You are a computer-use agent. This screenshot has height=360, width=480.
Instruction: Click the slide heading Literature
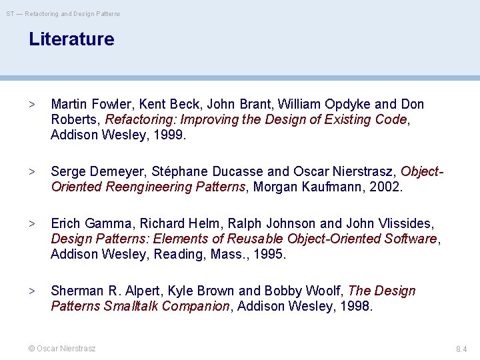tap(71, 39)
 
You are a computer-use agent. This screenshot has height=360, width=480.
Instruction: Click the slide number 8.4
tap(461, 349)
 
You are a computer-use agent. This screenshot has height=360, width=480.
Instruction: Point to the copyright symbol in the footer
tap(31, 349)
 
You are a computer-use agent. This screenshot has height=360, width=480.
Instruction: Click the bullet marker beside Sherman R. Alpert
tap(31, 291)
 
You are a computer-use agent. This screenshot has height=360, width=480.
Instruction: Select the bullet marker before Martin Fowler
tap(31, 105)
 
